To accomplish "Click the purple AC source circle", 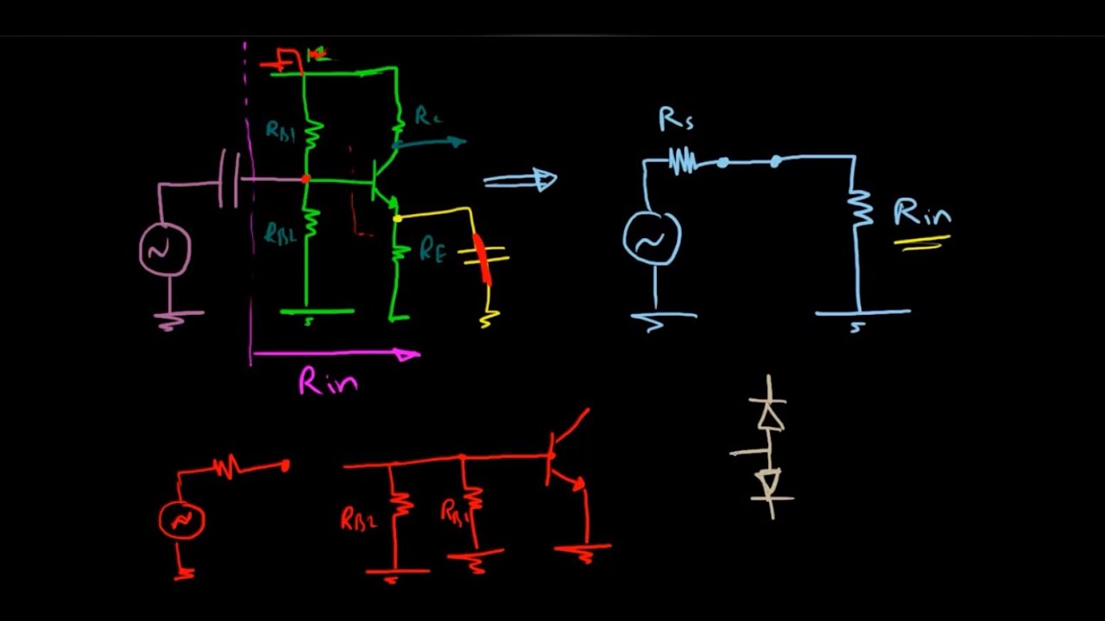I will (164, 249).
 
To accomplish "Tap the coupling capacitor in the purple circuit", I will (230, 179).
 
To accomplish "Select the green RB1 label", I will (280, 131).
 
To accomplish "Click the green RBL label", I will (280, 233).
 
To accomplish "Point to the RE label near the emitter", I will (433, 250).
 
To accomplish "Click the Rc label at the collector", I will (428, 116).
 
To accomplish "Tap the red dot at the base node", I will (306, 179).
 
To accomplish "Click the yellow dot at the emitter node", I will (397, 219).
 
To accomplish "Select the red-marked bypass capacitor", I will (483, 255).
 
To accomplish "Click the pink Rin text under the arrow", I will (328, 381).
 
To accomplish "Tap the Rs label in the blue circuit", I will (675, 120).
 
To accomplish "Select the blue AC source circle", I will (652, 239).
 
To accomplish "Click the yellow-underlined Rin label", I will (922, 213).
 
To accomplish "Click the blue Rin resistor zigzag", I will (859, 207).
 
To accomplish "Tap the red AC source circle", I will (182, 520).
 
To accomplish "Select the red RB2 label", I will (358, 519).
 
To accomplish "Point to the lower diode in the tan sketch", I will (768, 483).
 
